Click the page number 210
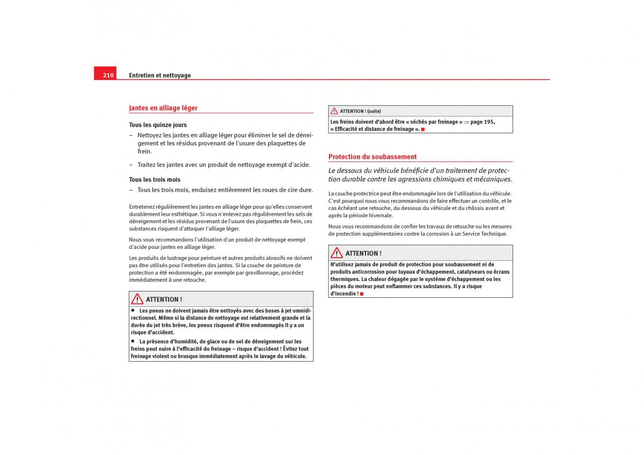click(x=108, y=76)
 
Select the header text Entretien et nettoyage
click(x=160, y=76)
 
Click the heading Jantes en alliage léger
click(x=163, y=108)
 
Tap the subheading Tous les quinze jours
click(x=158, y=125)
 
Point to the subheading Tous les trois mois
click(x=155, y=180)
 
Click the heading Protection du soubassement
click(x=372, y=157)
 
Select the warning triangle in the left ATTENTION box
click(x=137, y=299)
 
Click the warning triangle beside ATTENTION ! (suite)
click(x=334, y=111)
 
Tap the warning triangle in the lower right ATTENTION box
click(x=337, y=253)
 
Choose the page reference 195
click(x=489, y=122)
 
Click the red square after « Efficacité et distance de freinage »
click(x=423, y=129)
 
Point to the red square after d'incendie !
click(x=362, y=294)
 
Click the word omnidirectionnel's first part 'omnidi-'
click(x=300, y=311)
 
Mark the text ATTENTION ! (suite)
click(x=360, y=111)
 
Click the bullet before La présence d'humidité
click(x=133, y=341)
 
